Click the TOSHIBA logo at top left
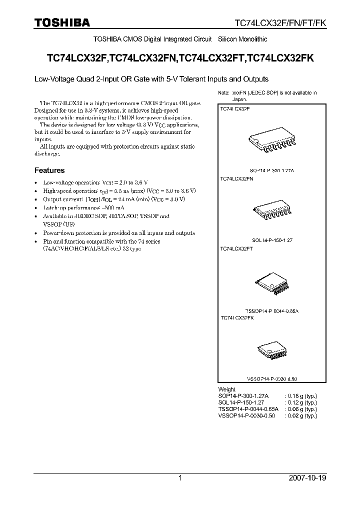(61, 22)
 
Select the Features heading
(49, 170)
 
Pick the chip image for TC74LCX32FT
(270, 284)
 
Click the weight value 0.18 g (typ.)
(301, 395)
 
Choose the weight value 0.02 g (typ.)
(301, 415)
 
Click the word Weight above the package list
(227, 389)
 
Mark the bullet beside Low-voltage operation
(36, 183)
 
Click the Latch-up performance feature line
(77, 207)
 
